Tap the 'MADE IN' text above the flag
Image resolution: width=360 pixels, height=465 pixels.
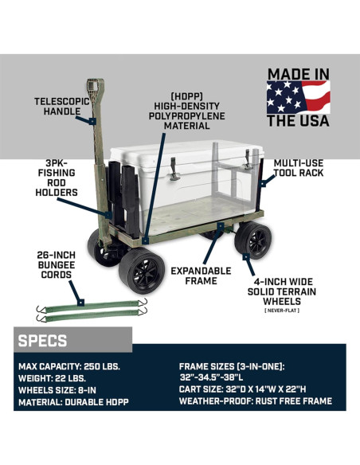tap(298, 74)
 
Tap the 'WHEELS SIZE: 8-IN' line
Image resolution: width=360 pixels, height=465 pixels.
tap(59, 391)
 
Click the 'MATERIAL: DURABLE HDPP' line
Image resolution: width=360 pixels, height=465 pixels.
tap(72, 404)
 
